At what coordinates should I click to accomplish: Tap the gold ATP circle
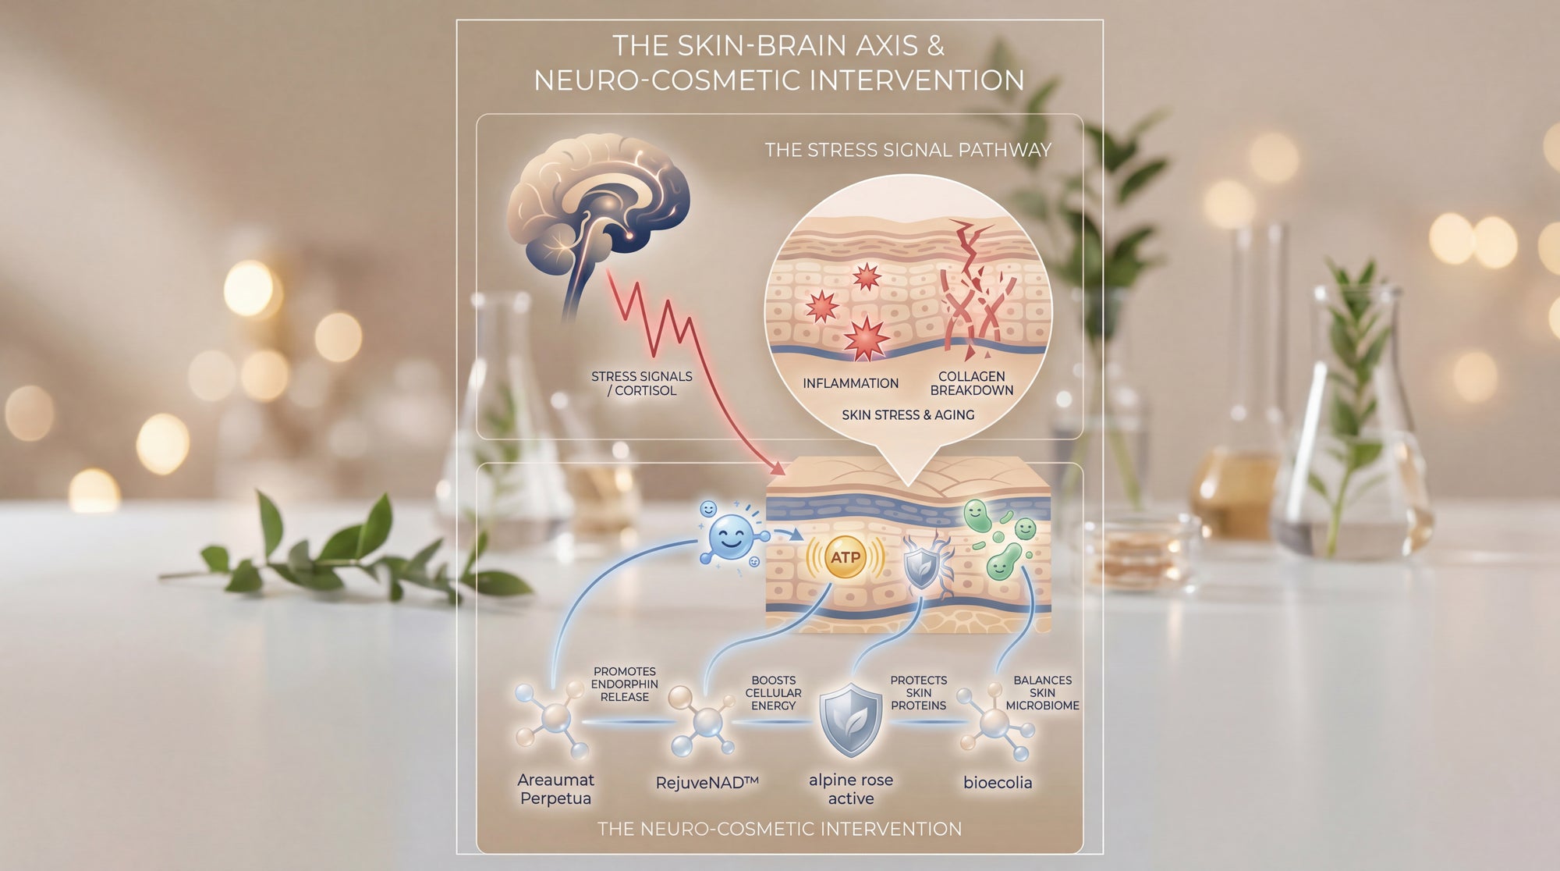(846, 556)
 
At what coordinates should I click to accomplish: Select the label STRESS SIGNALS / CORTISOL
(641, 383)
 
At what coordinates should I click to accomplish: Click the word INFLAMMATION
(850, 383)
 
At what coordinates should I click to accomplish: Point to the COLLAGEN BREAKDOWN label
(971, 383)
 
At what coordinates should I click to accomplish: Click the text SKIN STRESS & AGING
(908, 415)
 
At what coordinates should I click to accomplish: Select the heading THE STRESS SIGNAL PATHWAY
(908, 150)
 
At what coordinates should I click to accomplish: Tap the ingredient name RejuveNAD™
(707, 783)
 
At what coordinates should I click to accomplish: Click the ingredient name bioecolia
(998, 783)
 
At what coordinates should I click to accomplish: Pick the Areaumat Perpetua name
(555, 789)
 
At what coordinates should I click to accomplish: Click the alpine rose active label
(850, 789)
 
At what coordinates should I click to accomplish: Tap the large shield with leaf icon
(850, 720)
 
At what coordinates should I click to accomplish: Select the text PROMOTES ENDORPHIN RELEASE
(625, 684)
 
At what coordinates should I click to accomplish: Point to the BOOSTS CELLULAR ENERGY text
(773, 693)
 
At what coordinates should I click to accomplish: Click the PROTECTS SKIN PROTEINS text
(918, 693)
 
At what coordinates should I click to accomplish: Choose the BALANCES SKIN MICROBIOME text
(1042, 693)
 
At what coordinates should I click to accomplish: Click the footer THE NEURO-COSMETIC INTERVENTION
(779, 829)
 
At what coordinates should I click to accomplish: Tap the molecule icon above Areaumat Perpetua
(553, 719)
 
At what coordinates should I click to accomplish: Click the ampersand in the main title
(935, 45)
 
